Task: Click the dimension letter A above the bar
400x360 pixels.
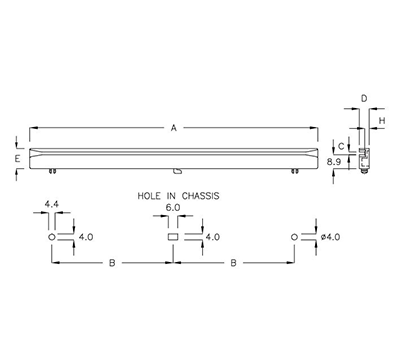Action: [174, 128]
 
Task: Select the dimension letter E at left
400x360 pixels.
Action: [17, 157]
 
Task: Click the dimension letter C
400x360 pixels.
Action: [340, 145]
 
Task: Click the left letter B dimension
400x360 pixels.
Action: [111, 264]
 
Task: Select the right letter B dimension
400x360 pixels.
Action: [233, 264]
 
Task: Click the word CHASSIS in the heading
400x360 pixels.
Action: [197, 197]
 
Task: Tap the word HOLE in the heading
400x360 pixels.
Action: [139, 197]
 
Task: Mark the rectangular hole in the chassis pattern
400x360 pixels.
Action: [172, 237]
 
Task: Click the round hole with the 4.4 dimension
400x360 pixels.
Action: [51, 237]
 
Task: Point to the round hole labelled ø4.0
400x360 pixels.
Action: [294, 237]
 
